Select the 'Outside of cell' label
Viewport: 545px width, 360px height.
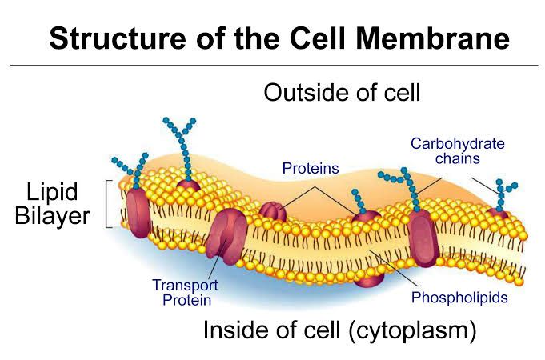coord(342,93)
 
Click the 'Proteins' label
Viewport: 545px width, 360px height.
coord(311,169)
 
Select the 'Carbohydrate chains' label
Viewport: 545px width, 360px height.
coord(458,151)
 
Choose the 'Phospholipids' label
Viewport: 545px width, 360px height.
coord(459,298)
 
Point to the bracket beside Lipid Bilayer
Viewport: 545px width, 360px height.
coord(110,204)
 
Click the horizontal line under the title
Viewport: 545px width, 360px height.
coord(272,65)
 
